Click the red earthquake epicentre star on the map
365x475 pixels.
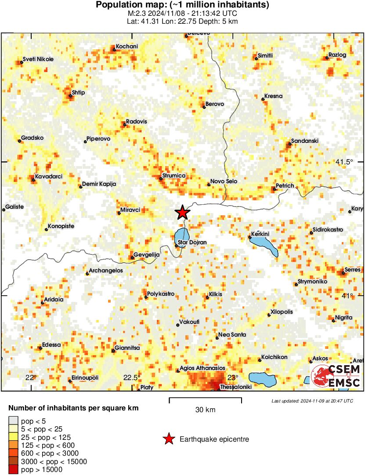pos(182,213)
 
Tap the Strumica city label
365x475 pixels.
pos(174,176)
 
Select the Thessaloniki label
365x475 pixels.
pos(235,387)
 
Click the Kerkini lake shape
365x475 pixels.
pos(265,245)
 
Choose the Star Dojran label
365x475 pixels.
pos(189,243)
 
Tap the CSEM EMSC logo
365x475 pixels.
pos(336,376)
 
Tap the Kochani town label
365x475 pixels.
pos(127,47)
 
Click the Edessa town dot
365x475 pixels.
pos(40,348)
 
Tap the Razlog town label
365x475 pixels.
pos(337,55)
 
